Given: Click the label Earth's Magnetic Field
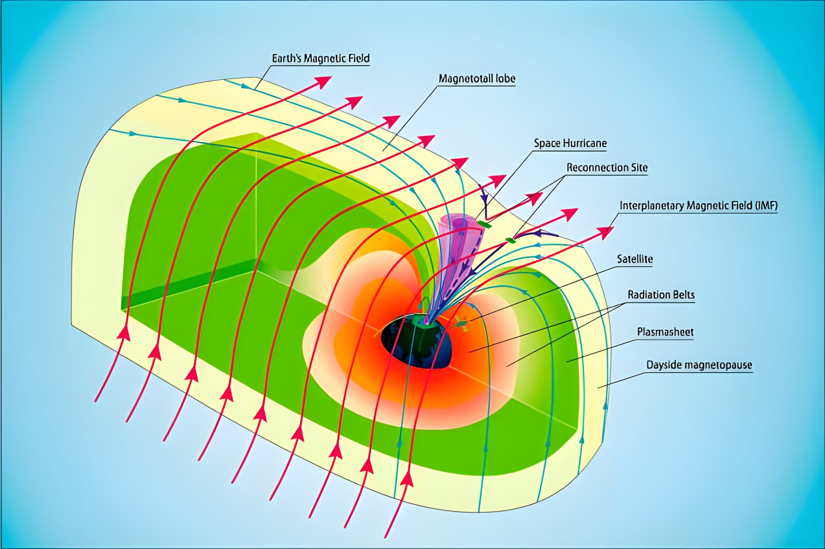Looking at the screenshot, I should [321, 58].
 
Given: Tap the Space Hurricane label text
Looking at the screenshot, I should [570, 143].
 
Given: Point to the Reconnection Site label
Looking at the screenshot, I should [607, 168].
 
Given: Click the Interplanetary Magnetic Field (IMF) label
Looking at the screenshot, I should [699, 205].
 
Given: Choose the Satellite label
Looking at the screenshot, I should [635, 259].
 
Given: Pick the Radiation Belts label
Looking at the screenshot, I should [661, 295].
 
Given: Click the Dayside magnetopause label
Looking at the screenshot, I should [699, 365].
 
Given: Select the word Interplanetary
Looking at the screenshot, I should [652, 205].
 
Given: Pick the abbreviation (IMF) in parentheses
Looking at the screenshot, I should [767, 205].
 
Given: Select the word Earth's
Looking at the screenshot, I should [287, 58].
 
